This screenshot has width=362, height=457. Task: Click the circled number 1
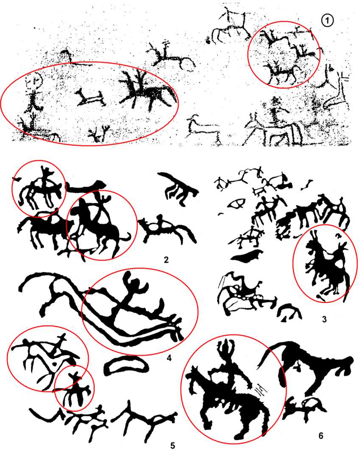[328, 20]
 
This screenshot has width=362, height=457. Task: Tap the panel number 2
[166, 259]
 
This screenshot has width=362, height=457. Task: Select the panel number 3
[325, 319]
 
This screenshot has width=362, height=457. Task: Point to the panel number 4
[169, 357]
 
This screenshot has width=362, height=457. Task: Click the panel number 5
[173, 446]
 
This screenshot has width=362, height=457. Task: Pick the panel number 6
[320, 435]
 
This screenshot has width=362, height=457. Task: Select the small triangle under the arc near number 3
[284, 320]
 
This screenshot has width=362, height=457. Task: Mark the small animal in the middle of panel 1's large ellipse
[90, 98]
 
